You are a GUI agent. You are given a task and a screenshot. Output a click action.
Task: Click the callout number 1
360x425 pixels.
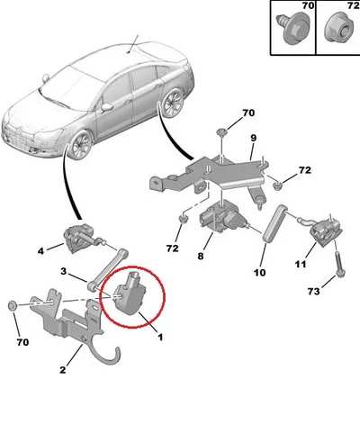(x=160, y=337)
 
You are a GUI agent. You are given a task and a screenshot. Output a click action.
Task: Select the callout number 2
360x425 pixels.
(x=62, y=370)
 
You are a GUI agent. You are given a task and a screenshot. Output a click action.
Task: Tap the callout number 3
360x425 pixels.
(x=63, y=271)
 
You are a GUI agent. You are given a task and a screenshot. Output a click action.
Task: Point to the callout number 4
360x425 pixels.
(x=40, y=251)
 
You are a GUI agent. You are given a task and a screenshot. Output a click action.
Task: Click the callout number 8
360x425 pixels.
(x=201, y=256)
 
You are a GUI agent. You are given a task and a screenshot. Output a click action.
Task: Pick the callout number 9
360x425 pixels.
(x=254, y=138)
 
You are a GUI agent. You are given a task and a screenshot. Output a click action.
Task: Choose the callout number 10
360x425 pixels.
(x=259, y=272)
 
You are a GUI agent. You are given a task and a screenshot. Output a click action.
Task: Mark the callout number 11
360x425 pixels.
(x=301, y=264)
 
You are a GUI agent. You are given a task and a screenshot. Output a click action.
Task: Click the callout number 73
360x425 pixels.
(x=313, y=291)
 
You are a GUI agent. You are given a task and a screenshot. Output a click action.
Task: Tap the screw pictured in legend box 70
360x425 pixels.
(x=292, y=28)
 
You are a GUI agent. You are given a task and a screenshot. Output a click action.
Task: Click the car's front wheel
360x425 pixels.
(x=80, y=144)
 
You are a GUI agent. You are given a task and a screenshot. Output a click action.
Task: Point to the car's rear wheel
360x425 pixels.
(x=173, y=104)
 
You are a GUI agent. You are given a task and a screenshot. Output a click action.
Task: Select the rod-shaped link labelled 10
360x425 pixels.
(x=273, y=222)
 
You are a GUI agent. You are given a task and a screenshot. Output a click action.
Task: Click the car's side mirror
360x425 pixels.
(x=107, y=107)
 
